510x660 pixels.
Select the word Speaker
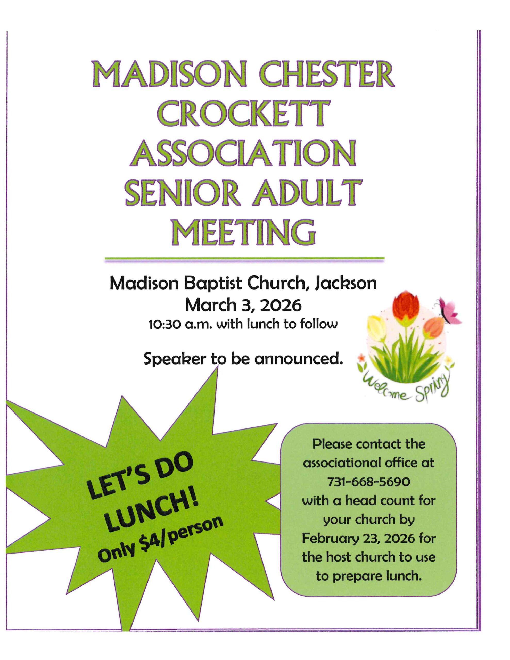click(x=175, y=359)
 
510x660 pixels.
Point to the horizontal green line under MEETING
click(x=244, y=258)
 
